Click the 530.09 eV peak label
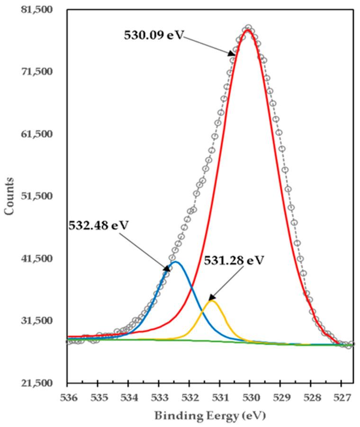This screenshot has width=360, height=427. click(x=153, y=35)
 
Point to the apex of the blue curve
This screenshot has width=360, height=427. click(x=176, y=262)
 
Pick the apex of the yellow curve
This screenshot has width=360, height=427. click(x=212, y=301)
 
